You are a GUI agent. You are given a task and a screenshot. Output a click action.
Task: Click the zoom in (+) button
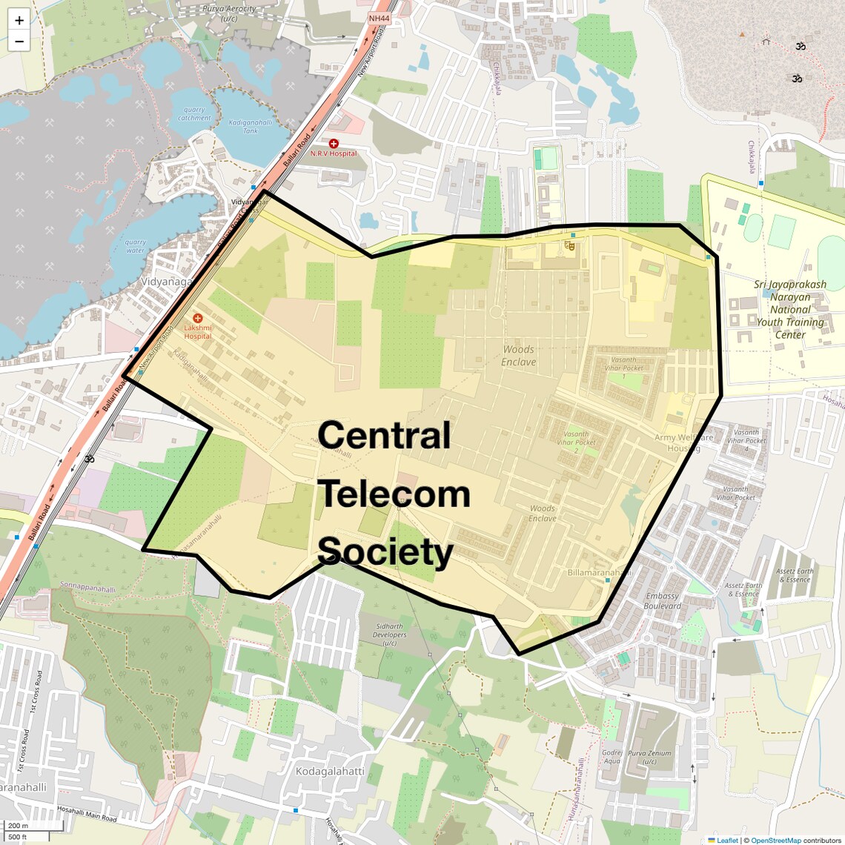point(19,21)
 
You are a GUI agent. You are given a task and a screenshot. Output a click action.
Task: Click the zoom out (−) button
point(19,42)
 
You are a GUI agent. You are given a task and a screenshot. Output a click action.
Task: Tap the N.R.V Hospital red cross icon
point(334,143)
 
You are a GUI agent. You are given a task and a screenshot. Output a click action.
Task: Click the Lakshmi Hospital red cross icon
point(198,318)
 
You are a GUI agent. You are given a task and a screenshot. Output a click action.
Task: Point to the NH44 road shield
point(377,17)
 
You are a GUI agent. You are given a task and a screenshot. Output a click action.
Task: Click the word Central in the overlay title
point(384,436)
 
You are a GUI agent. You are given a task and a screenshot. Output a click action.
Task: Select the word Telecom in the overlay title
point(394,494)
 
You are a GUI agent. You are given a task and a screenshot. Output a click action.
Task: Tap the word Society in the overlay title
point(385,552)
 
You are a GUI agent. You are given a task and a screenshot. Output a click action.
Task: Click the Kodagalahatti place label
point(330,772)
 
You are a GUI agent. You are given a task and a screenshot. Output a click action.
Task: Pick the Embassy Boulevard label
point(662,600)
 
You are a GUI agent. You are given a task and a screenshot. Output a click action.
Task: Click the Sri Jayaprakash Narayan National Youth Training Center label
point(790,309)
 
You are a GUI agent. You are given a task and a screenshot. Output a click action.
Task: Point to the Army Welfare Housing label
point(684,443)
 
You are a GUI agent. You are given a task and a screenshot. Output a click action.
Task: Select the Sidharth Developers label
point(389,634)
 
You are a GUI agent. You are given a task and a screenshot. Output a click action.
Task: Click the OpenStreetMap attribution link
point(776,840)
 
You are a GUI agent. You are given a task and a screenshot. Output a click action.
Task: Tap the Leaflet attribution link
point(727,840)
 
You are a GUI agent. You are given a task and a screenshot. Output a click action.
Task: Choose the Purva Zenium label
point(649,757)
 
